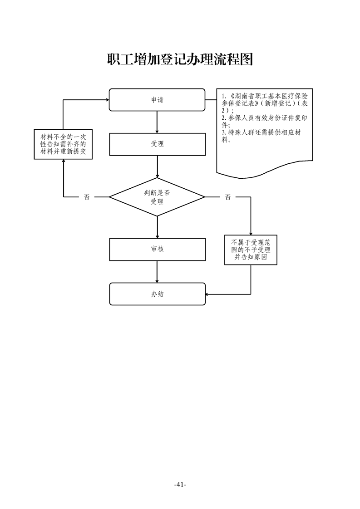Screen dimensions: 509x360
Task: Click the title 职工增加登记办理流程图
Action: (x=180, y=59)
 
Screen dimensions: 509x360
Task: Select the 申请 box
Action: (x=157, y=100)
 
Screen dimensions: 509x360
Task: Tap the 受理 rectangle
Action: (x=157, y=144)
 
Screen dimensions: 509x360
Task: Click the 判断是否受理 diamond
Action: (x=157, y=197)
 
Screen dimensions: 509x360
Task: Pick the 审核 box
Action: (x=157, y=249)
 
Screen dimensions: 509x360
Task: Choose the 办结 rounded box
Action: (x=157, y=294)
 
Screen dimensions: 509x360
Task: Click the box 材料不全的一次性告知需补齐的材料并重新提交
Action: (x=64, y=144)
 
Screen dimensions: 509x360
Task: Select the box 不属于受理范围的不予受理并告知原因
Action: (x=251, y=250)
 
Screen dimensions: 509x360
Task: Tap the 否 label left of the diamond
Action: (x=87, y=197)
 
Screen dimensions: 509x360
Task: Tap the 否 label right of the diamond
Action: (x=227, y=197)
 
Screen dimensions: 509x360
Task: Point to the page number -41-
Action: (x=180, y=485)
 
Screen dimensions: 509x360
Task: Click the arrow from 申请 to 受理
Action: (x=157, y=121)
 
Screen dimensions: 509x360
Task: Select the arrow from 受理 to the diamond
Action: (x=157, y=166)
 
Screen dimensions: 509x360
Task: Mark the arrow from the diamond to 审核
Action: (x=157, y=227)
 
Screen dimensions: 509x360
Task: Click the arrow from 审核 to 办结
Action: (x=157, y=272)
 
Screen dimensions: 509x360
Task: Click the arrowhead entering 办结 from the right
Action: (x=208, y=294)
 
